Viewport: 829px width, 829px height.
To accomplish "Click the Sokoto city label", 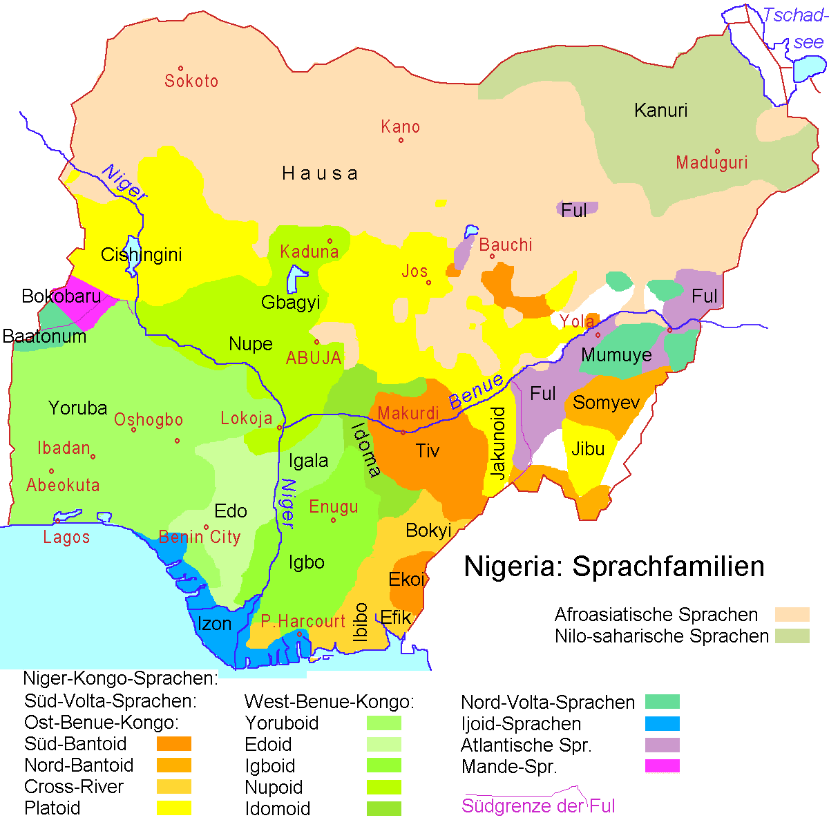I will point(191,81).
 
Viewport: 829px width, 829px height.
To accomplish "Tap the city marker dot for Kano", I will point(401,140).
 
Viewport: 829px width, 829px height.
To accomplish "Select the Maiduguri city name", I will point(712,163).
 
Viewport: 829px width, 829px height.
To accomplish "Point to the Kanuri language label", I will point(660,111).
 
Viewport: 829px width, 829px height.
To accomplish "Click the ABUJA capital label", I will point(314,358).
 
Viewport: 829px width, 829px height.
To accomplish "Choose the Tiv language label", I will point(428,451).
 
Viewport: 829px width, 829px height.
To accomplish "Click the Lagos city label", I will point(66,537).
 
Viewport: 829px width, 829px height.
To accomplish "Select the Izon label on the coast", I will point(214,624).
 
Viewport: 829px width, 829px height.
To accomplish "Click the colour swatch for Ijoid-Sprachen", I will point(662,723).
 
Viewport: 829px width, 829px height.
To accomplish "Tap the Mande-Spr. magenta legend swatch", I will point(662,765).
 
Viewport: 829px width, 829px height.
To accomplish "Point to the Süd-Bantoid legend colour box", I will point(173,743).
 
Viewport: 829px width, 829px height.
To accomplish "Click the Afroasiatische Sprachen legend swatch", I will point(792,614).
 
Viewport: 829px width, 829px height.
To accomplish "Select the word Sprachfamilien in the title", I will point(669,566).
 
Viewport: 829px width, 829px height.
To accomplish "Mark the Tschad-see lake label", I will point(794,28).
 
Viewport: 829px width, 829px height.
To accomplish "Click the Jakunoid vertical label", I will point(498,443).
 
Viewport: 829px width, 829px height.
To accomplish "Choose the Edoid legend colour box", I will point(383,744).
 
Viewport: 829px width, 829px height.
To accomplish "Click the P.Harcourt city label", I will point(303,621).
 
